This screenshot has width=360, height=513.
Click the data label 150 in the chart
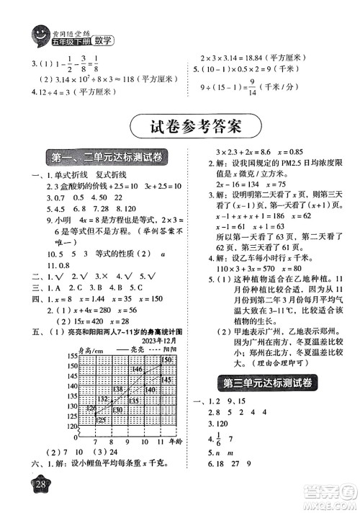[167, 360]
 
